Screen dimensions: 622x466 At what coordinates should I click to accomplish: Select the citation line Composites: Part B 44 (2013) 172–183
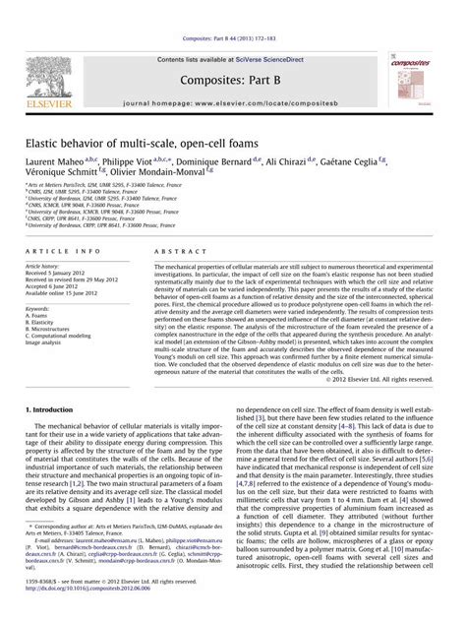click(233, 9)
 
